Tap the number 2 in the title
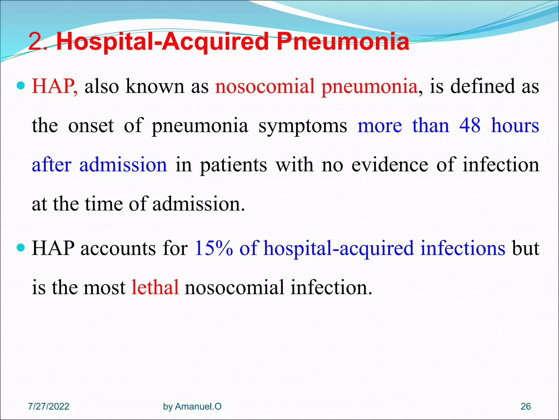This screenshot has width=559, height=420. [x=36, y=42]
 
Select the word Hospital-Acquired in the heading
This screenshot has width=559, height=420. [x=163, y=42]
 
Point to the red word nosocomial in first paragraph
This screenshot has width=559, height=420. [x=265, y=86]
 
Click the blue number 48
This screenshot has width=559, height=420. [x=470, y=126]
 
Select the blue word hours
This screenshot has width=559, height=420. [x=515, y=126]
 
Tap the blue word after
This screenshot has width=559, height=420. [x=52, y=165]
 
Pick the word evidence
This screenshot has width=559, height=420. [x=390, y=165]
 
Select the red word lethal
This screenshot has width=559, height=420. [x=155, y=287]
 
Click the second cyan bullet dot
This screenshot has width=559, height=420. [x=21, y=248]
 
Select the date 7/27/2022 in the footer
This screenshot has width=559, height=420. [x=49, y=406]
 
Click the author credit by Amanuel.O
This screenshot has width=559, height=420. [x=192, y=406]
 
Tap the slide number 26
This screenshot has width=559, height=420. [x=525, y=406]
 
